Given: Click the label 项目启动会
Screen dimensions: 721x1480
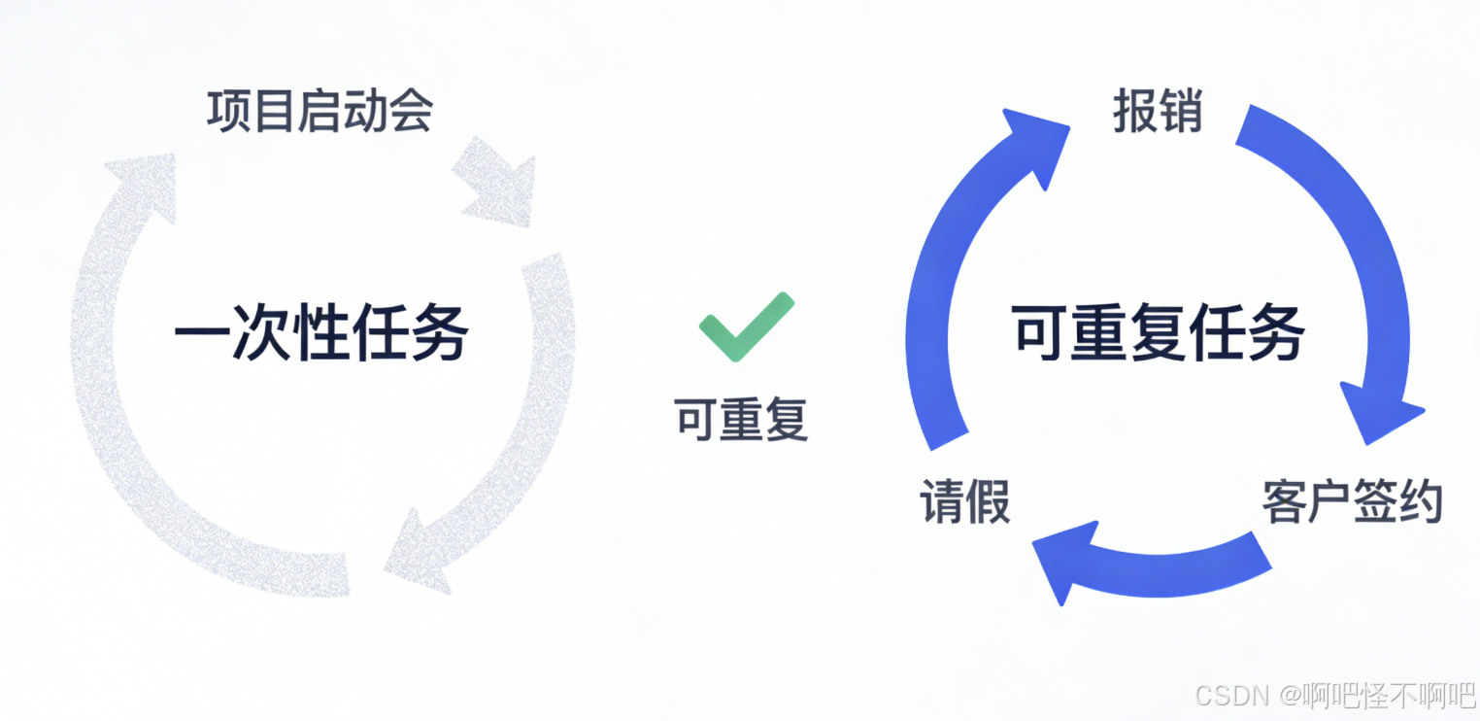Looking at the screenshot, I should [320, 111].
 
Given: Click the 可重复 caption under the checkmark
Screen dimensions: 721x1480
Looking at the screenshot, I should [742, 419].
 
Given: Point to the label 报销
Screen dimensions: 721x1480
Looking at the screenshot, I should [1158, 113].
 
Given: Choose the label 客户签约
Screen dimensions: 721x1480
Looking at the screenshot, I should [1352, 501].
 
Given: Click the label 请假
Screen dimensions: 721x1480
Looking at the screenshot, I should [964, 501].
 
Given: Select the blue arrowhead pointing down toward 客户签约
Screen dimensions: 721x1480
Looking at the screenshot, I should [1379, 412].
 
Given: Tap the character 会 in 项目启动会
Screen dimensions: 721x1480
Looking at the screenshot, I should [413, 111].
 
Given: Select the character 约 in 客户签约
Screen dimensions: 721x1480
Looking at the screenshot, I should [1421, 501].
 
